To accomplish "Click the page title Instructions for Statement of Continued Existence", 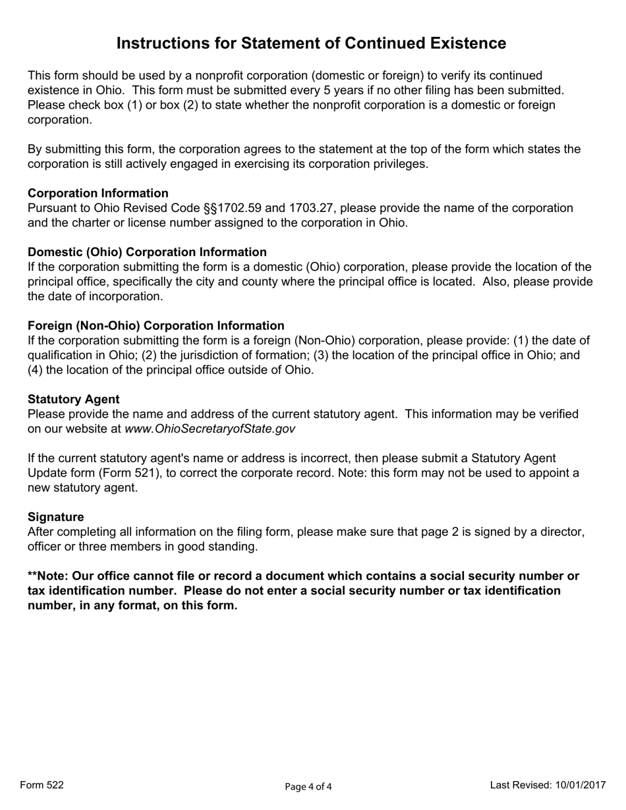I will coord(311,43).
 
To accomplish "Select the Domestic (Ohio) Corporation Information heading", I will coord(147,252).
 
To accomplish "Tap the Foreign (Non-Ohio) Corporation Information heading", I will coord(156,326).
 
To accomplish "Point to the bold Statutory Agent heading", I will coord(74,400).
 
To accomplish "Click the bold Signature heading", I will coord(56,517).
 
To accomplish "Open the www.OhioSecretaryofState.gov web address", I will coord(210,429).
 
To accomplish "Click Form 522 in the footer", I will coord(42,785).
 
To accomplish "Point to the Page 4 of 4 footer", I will coord(308,786).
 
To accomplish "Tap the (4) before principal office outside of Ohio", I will coord(35,370).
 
